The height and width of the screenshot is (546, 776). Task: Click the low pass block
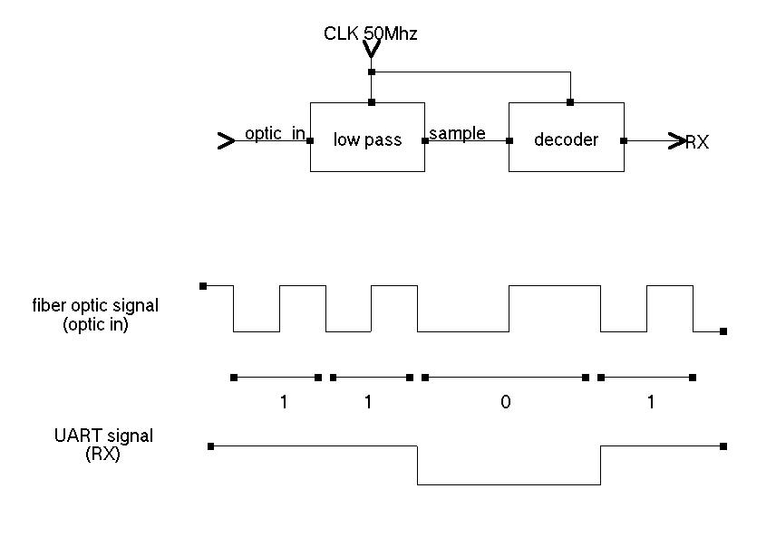367,138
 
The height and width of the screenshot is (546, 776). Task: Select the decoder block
566,138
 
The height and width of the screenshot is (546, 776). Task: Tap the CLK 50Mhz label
370,34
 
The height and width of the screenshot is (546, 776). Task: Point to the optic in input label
274,134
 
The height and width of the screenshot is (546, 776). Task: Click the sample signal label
457,134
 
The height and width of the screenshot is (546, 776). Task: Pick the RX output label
697,142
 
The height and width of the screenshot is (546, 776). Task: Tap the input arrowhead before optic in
226,140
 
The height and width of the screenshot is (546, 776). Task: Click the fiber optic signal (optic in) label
94,314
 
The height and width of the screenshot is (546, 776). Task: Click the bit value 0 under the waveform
506,402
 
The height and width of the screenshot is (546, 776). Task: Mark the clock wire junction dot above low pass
372,72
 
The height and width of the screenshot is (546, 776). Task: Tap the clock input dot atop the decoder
569,102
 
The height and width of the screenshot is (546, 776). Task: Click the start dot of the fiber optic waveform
203,285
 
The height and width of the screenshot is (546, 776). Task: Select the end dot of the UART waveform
723,445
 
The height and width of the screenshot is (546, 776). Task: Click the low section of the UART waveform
508,484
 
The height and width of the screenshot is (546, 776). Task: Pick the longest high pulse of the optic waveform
554,286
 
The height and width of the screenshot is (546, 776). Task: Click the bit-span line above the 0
504,377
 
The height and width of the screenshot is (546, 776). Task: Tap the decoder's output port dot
624,140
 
